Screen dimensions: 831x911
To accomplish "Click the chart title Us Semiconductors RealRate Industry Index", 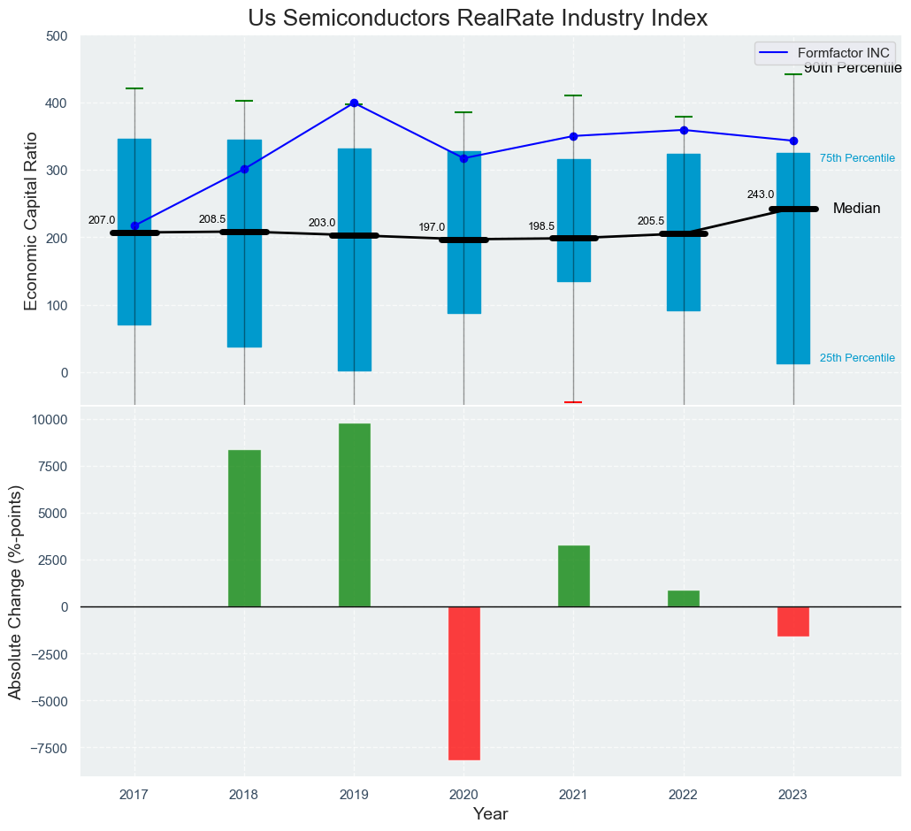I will click(x=478, y=19).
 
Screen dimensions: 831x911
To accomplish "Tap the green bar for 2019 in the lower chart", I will click(x=354, y=515).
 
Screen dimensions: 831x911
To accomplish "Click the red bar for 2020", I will click(x=463, y=682).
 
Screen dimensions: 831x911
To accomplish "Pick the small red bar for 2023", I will click(x=793, y=621).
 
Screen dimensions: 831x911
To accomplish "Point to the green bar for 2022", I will click(x=684, y=598).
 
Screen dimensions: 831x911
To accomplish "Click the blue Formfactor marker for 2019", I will click(x=354, y=103).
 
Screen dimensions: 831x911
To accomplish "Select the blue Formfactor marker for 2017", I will click(x=134, y=225).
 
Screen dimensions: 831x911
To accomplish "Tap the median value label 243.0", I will click(x=761, y=194).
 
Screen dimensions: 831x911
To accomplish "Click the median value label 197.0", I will click(x=432, y=227).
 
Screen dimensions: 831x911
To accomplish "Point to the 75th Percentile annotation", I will click(x=857, y=158).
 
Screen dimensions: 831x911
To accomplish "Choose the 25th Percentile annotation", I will click(x=857, y=358).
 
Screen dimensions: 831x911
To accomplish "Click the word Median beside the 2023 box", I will click(x=856, y=209).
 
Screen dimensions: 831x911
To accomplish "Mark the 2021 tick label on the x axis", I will click(x=573, y=794).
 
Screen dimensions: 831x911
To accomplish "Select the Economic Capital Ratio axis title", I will click(x=32, y=221).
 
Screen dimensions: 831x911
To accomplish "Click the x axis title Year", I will click(x=490, y=814).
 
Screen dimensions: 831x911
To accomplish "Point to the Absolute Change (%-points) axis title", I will click(x=15, y=592).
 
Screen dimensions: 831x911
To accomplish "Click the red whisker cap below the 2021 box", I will click(x=573, y=402).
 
